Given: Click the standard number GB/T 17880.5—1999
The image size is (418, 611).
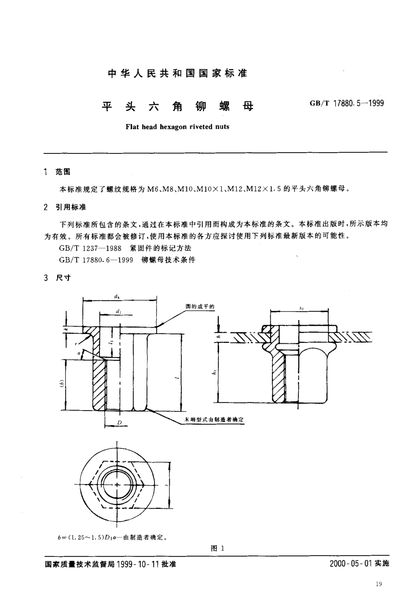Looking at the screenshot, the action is click(347, 103).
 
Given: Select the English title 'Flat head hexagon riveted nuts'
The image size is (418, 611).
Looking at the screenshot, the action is click(177, 127).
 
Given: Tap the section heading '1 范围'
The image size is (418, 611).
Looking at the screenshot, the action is click(57, 172).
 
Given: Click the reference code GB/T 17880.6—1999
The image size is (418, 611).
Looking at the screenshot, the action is click(96, 260).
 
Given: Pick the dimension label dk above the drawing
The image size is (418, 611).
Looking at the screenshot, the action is click(117, 296).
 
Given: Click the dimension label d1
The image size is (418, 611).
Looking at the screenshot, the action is click(118, 311).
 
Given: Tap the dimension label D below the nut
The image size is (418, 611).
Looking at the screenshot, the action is click(119, 423).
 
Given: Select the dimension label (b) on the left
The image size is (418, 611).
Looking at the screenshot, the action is click(62, 385).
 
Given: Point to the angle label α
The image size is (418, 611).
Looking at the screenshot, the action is click(79, 353).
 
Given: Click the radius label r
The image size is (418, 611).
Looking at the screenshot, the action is click(77, 344).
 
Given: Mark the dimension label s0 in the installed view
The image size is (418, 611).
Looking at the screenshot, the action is click(301, 308).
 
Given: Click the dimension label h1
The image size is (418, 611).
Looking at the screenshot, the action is click(215, 372).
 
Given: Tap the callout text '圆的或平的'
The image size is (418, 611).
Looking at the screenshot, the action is click(200, 306).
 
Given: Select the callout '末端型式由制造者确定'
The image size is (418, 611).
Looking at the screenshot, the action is click(214, 420).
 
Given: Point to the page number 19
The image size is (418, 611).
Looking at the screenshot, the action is click(379, 584).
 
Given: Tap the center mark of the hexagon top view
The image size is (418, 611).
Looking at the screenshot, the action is click(117, 485).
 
